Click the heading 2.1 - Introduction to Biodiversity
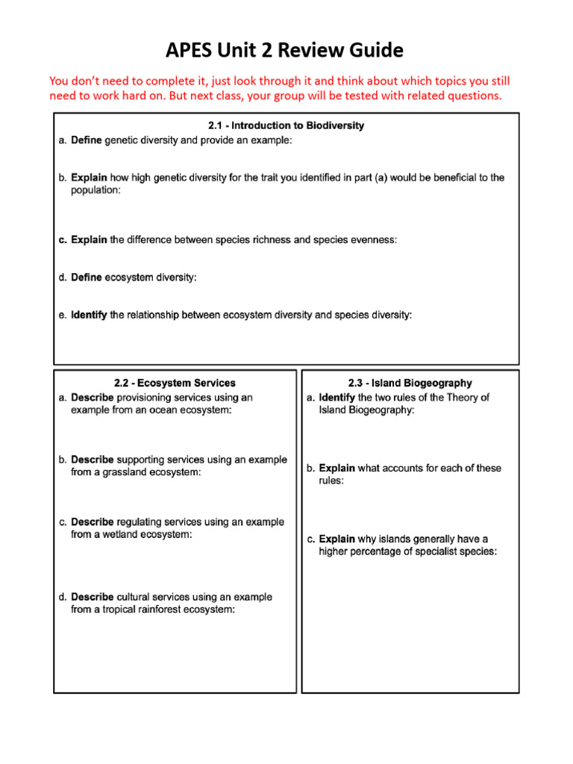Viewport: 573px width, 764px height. click(286, 125)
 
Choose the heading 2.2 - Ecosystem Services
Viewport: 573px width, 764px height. click(175, 383)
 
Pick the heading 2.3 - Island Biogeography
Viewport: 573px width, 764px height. click(410, 383)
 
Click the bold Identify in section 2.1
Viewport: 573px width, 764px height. click(89, 315)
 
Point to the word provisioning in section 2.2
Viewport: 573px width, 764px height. click(147, 398)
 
